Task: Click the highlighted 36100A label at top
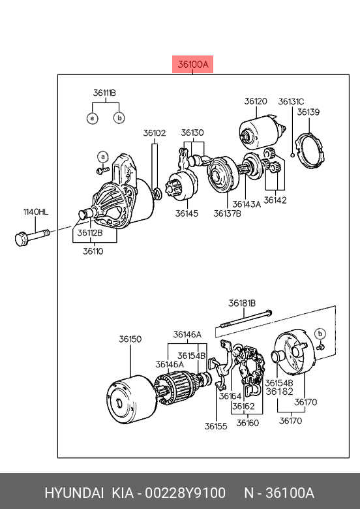click(192, 64)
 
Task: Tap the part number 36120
click(256, 101)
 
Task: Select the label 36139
click(308, 112)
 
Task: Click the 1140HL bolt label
click(35, 212)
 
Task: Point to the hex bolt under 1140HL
click(32, 237)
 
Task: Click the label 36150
click(130, 339)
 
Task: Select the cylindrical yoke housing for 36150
click(131, 399)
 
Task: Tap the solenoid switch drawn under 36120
click(263, 132)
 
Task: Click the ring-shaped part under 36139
click(310, 150)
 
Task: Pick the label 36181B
click(242, 303)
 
